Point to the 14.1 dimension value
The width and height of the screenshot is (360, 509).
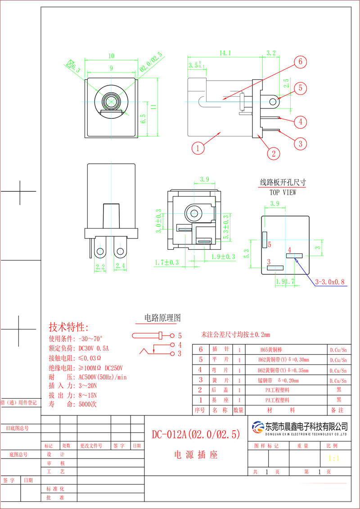(x=225, y=53)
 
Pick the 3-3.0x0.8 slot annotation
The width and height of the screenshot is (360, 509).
(x=330, y=282)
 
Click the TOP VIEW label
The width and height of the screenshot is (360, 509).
(x=283, y=192)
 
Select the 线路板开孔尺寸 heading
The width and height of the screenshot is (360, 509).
(x=283, y=183)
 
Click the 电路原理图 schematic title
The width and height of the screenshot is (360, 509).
(x=162, y=318)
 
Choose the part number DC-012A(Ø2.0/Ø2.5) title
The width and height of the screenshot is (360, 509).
(x=196, y=435)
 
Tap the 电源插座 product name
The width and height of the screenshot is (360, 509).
(x=196, y=455)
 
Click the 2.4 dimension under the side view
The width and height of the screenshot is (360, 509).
(x=120, y=267)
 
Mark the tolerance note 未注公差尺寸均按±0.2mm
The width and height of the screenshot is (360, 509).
(x=235, y=335)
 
